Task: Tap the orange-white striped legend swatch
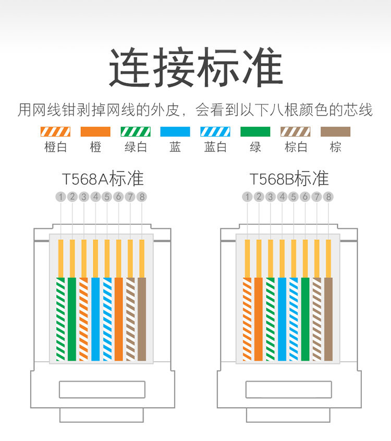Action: [x=55, y=131]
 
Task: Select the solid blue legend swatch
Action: [x=175, y=131]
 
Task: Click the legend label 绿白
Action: [x=136, y=148]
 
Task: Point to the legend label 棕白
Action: [x=296, y=148]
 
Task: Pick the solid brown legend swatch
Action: [x=335, y=131]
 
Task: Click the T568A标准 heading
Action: [x=103, y=179]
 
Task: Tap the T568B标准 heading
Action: [x=289, y=179]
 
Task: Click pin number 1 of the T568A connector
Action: [x=61, y=197]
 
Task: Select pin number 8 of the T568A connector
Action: [x=142, y=197]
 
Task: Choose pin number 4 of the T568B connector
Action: [x=282, y=197]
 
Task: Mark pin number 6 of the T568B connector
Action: [x=305, y=197]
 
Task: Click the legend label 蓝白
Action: [x=215, y=148]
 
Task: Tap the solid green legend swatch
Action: [x=255, y=131]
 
